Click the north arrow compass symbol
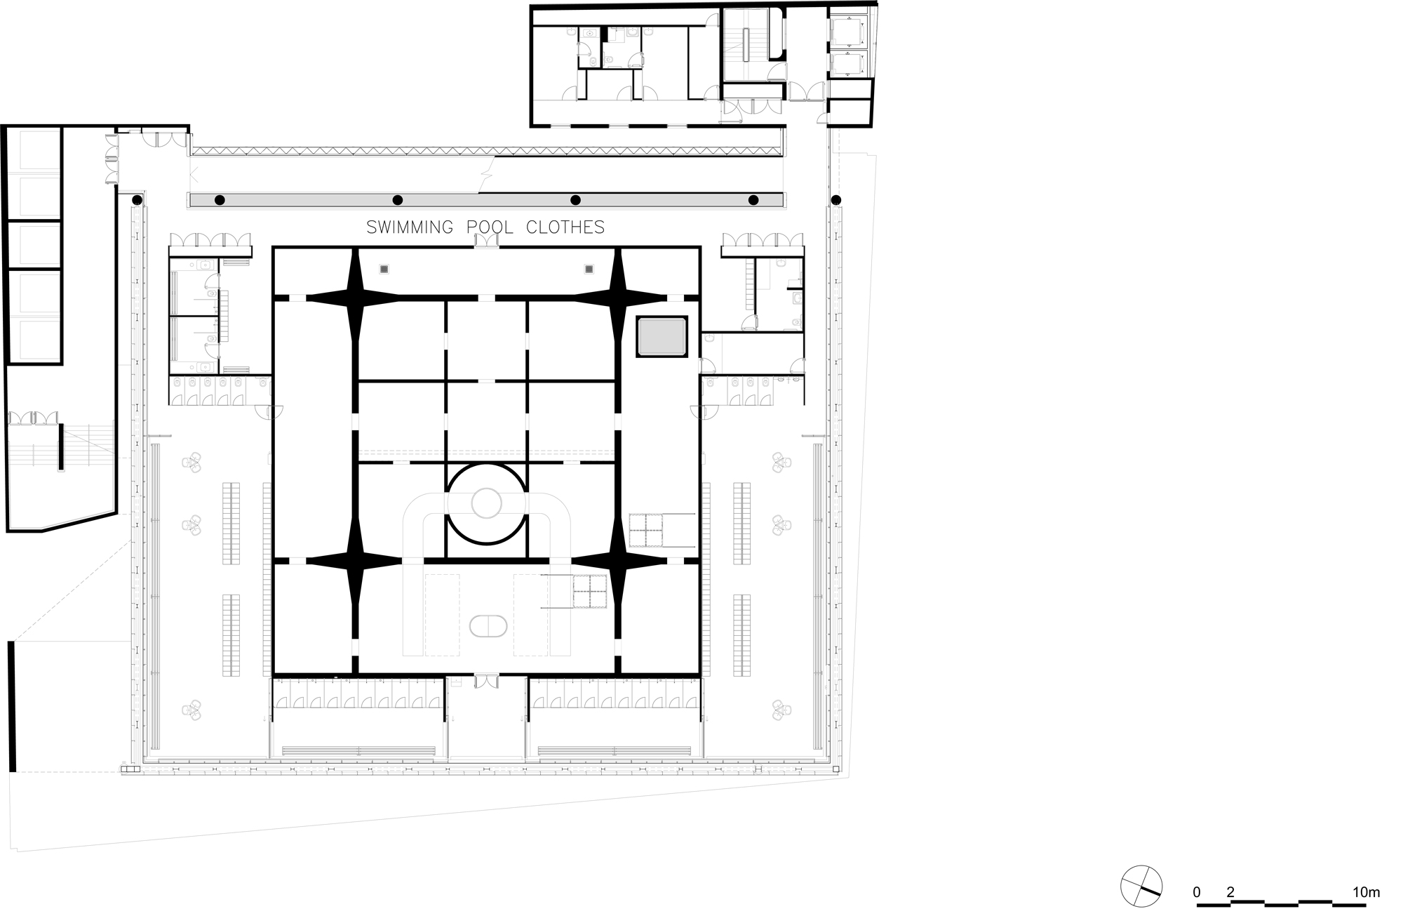(1141, 886)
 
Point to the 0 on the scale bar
(1197, 893)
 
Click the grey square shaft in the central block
(662, 336)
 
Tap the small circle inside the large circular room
(486, 503)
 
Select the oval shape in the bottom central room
(487, 626)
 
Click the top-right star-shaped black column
(617, 297)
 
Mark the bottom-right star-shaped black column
(617, 560)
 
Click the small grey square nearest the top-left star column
(384, 269)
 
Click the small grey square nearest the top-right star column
(589, 269)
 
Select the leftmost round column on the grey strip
(220, 200)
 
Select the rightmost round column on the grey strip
(753, 200)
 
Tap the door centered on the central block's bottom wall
(486, 681)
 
